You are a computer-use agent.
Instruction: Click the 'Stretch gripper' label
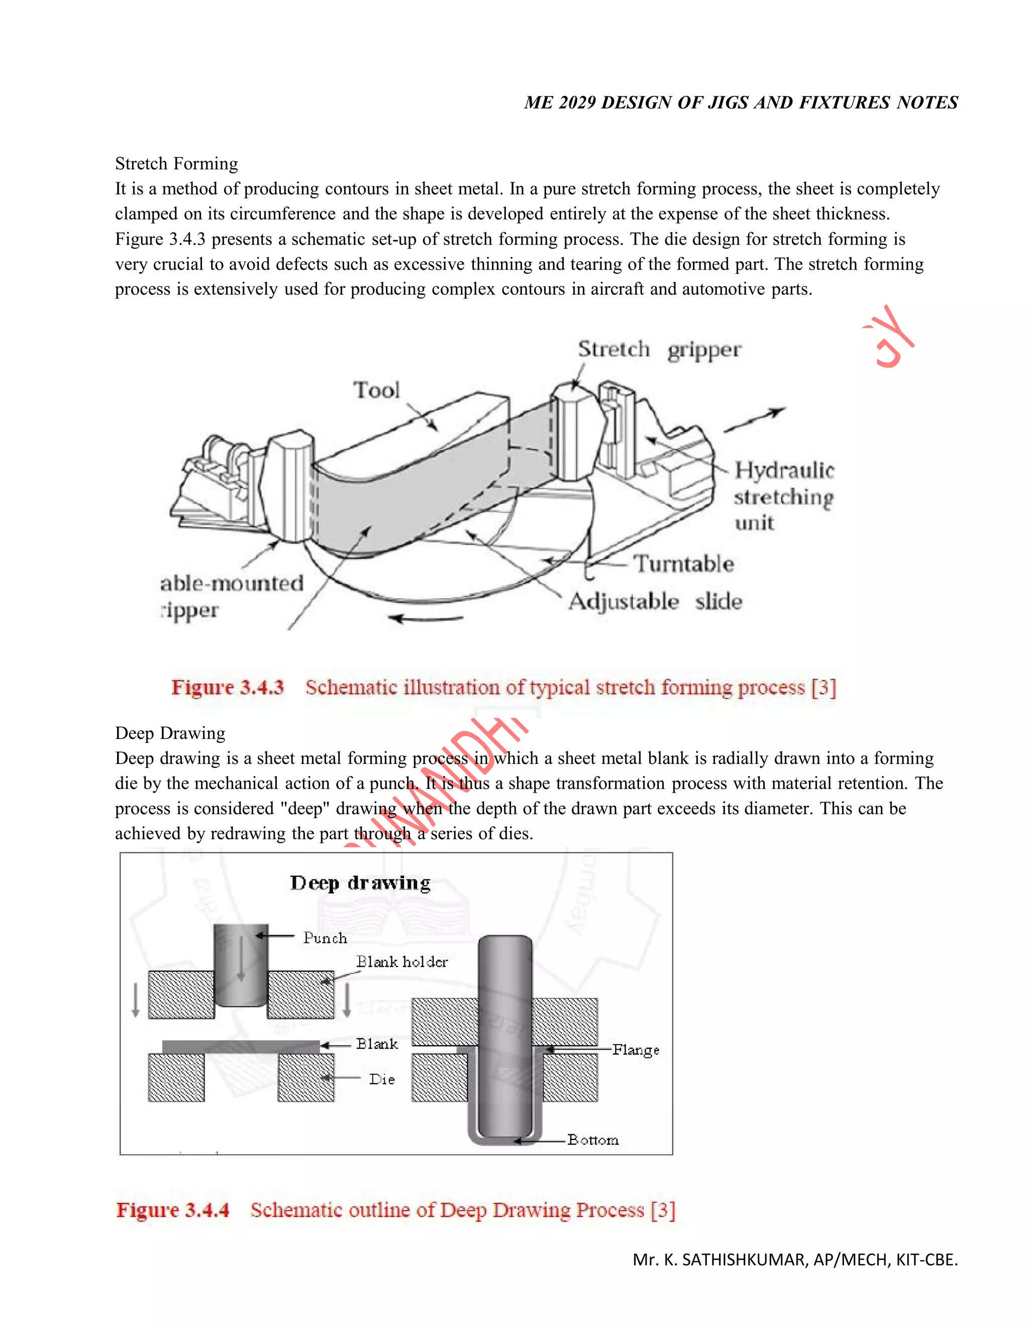(x=659, y=350)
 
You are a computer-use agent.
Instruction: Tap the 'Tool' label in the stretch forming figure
(x=376, y=390)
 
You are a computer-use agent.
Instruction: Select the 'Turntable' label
(x=683, y=564)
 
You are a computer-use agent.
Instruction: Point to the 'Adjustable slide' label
(x=655, y=602)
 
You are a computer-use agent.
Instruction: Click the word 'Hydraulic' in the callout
(x=784, y=471)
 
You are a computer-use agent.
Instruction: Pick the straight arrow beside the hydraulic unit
(x=754, y=420)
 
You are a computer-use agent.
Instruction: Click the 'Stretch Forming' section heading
(x=176, y=163)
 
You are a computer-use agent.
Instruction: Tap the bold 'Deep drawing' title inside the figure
(x=360, y=883)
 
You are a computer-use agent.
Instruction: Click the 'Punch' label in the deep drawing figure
(x=325, y=938)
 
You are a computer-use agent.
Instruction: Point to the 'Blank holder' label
(x=402, y=962)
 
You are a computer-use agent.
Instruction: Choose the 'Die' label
(x=382, y=1079)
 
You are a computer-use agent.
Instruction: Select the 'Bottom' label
(x=592, y=1140)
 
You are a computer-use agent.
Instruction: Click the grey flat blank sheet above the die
(x=241, y=1046)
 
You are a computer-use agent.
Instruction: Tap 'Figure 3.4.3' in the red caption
(x=228, y=688)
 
